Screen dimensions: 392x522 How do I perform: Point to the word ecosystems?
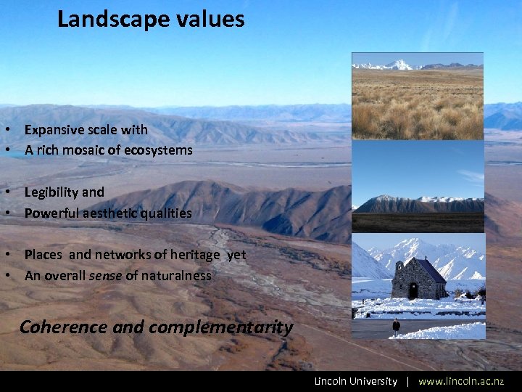(x=161, y=150)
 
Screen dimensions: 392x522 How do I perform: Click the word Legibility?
(x=53, y=192)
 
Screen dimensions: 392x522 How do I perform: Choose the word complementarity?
(x=221, y=327)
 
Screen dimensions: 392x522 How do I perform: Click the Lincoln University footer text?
(x=355, y=381)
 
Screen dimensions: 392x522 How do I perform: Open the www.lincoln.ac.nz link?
(x=460, y=381)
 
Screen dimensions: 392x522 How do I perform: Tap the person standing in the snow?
(x=396, y=326)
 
